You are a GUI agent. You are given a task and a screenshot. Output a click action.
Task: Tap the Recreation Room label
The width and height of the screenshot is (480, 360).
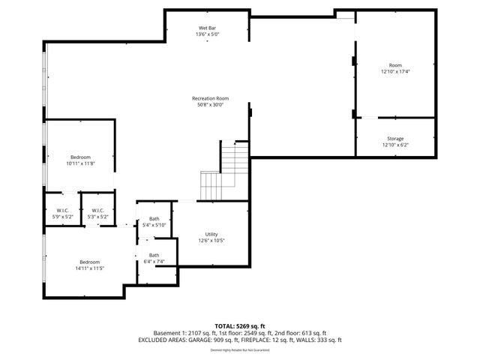pos(210,99)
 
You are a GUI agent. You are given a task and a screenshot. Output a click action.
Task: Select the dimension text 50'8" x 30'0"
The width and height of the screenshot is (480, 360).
pos(210,105)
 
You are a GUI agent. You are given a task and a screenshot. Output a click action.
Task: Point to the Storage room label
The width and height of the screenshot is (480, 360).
pos(395,139)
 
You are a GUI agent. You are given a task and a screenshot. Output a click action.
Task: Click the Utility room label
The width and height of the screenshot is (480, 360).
pos(211,234)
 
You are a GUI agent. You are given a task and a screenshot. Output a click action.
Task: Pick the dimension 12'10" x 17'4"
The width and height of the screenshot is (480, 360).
pos(395,71)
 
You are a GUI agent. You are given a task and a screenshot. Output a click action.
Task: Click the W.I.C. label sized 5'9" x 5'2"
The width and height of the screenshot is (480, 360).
pos(62,210)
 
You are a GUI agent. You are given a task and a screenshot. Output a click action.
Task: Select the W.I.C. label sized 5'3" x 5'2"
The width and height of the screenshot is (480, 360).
pos(98,210)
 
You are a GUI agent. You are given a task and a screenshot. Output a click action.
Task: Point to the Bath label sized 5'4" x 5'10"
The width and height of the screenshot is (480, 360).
pos(154,219)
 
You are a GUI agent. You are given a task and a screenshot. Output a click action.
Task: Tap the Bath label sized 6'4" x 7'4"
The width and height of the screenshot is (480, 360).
pos(154,255)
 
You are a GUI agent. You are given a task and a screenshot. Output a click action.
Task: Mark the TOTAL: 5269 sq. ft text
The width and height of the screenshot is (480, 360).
pos(239,326)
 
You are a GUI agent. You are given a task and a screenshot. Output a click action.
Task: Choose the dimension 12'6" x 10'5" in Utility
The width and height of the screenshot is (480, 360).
pos(211,240)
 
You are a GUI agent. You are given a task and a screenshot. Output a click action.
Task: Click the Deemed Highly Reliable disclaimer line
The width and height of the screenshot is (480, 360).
pos(239,349)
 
